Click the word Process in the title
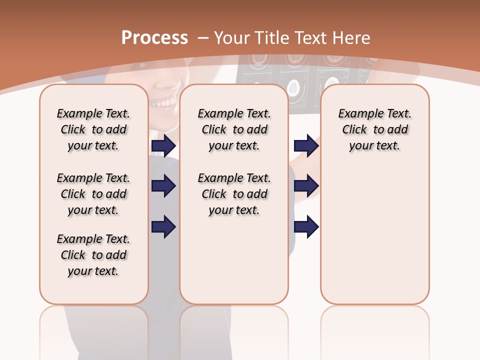click(154, 37)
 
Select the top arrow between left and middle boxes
click(163, 146)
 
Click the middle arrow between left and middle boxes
click(163, 186)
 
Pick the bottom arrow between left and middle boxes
click(163, 227)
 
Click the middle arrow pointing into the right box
click(306, 186)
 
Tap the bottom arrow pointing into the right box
click(306, 227)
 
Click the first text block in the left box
click(93, 129)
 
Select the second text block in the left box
click(93, 194)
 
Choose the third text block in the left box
click(93, 255)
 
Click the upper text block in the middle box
click(234, 129)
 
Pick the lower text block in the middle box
click(234, 194)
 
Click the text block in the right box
click(374, 129)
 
